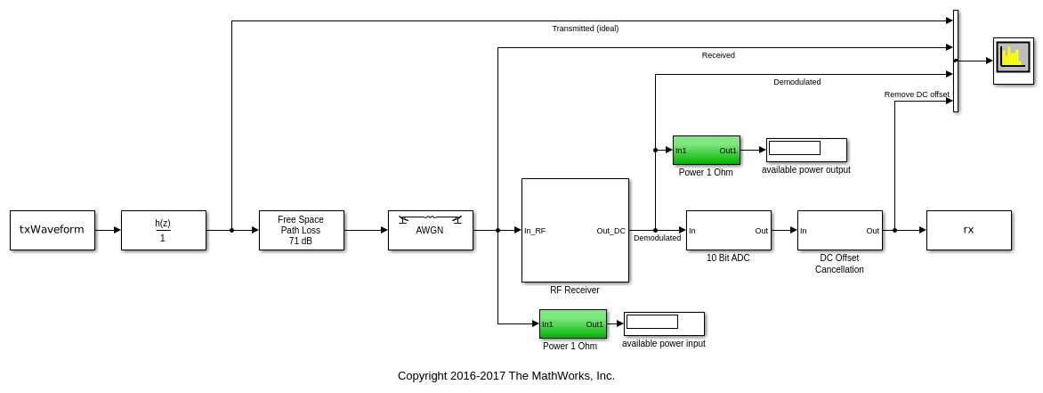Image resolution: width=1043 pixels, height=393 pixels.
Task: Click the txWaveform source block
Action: (x=52, y=230)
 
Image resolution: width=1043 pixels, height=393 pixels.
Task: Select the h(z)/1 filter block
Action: (x=163, y=230)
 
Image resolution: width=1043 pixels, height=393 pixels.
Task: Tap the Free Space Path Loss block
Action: (x=301, y=230)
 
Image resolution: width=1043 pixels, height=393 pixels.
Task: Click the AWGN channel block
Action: (x=430, y=230)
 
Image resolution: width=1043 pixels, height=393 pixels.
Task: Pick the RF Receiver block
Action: (x=575, y=230)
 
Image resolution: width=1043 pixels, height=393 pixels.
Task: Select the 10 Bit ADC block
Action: (x=728, y=230)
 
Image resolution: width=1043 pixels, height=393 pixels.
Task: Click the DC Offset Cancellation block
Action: (x=839, y=230)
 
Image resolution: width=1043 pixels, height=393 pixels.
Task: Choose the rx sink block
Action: (x=968, y=230)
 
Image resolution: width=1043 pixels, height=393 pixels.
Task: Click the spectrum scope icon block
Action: (x=1013, y=61)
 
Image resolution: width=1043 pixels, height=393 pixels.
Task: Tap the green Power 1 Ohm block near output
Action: (x=706, y=150)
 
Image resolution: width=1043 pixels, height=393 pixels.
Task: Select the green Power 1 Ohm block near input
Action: (x=572, y=323)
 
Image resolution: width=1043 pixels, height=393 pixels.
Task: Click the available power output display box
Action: (x=806, y=150)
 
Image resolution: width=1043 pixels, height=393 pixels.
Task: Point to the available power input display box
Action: (x=664, y=323)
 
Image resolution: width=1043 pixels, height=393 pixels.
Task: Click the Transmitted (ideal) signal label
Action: (x=585, y=29)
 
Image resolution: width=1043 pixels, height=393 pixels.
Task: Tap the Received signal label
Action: (x=718, y=55)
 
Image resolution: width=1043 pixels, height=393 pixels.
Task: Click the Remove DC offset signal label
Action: (x=917, y=94)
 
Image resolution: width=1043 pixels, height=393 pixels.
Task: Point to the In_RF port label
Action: (x=535, y=231)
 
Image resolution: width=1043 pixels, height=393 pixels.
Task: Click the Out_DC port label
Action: (x=610, y=231)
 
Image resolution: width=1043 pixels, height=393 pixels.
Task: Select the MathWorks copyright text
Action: (x=505, y=376)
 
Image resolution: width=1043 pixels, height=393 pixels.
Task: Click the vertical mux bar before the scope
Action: (x=956, y=61)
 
